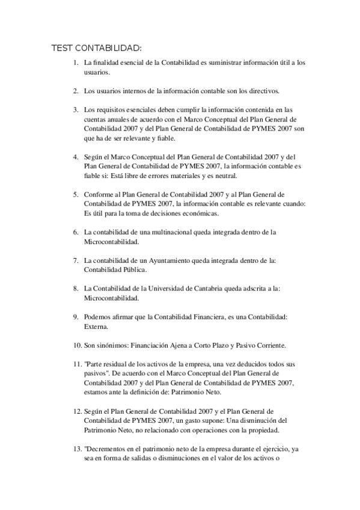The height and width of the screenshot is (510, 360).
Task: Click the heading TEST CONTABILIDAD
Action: click(97, 48)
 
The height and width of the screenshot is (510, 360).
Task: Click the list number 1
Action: click(75, 63)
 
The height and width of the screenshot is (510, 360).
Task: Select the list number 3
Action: click(75, 110)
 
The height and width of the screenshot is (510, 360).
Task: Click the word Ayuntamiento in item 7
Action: click(179, 260)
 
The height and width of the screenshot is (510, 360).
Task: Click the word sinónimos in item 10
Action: click(112, 345)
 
